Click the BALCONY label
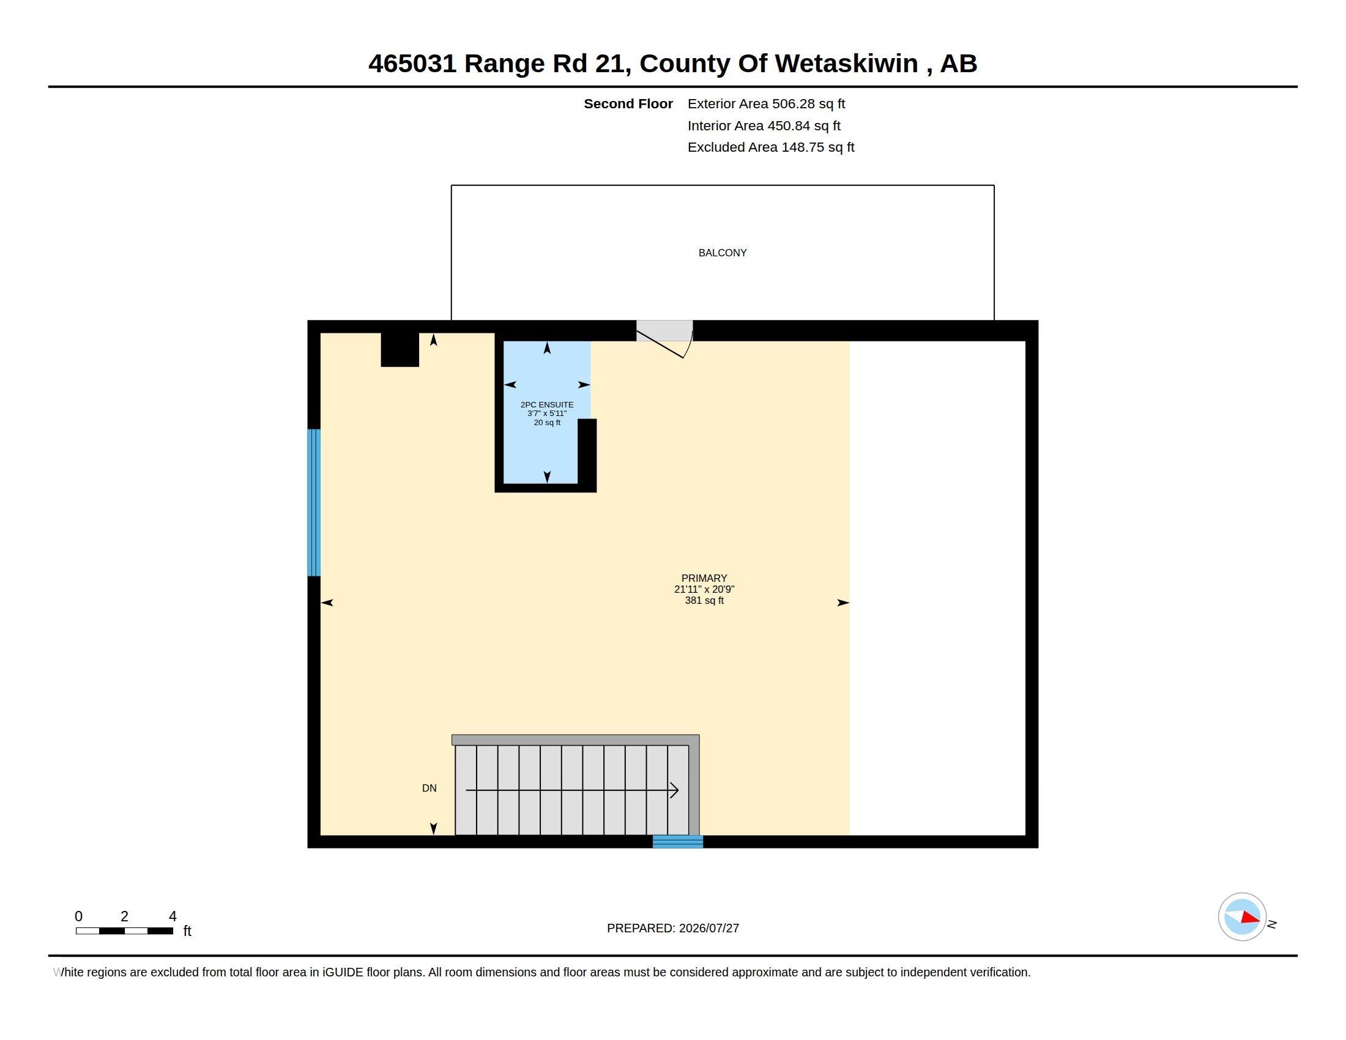723,253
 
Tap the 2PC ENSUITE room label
546,405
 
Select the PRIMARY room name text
704,578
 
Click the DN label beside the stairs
429,788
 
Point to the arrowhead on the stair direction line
675,790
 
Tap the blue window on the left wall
314,503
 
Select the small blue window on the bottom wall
678,842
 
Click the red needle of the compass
1249,918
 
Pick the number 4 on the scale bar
173,916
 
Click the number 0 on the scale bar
78,916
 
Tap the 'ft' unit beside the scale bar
187,931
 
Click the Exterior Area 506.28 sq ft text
766,103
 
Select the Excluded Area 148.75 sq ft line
771,147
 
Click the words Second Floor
628,103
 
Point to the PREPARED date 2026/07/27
708,929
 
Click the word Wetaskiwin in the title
846,64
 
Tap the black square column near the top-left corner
400,349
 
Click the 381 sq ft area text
704,601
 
